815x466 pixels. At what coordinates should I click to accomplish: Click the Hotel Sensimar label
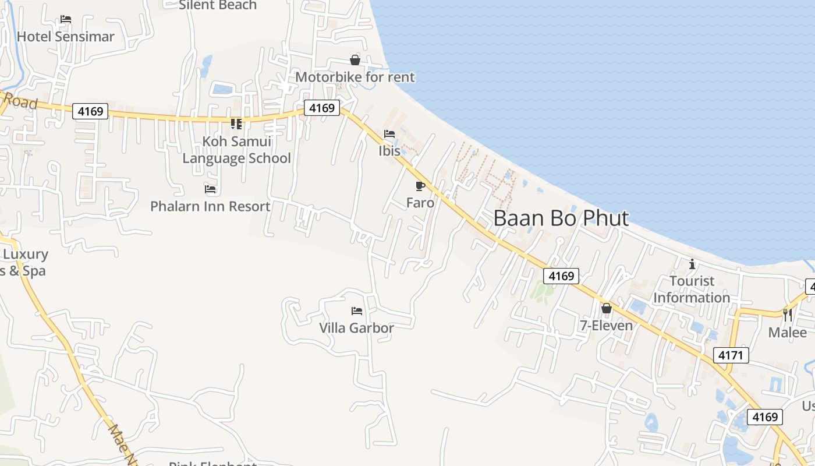tap(66, 37)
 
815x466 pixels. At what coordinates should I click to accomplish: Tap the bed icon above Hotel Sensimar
tap(66, 19)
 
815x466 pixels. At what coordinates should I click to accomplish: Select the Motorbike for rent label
tap(355, 77)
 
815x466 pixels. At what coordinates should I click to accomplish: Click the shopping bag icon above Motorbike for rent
tap(355, 60)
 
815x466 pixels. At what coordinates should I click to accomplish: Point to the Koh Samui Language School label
tap(237, 150)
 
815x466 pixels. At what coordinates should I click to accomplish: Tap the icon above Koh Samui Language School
tap(236, 124)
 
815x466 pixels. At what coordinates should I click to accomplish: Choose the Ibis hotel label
tap(389, 151)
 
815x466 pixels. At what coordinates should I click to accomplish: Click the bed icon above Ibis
tap(389, 134)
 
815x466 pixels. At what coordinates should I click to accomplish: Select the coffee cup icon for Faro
tap(420, 186)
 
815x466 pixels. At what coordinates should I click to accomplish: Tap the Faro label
tap(420, 203)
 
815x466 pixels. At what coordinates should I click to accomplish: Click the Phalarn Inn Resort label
tap(210, 206)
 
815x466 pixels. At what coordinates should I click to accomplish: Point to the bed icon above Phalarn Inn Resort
tap(210, 189)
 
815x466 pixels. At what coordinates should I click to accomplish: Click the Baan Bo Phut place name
tap(561, 218)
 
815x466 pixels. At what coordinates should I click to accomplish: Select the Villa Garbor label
tap(356, 328)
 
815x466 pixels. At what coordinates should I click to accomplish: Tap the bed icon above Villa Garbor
tap(357, 311)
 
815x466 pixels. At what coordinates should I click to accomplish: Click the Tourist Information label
tap(692, 290)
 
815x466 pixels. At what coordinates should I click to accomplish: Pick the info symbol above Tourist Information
tap(692, 264)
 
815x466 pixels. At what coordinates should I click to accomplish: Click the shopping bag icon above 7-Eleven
tap(607, 308)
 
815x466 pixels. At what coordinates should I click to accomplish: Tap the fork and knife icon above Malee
tap(788, 315)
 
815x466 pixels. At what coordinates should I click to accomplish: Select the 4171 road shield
tap(731, 355)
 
